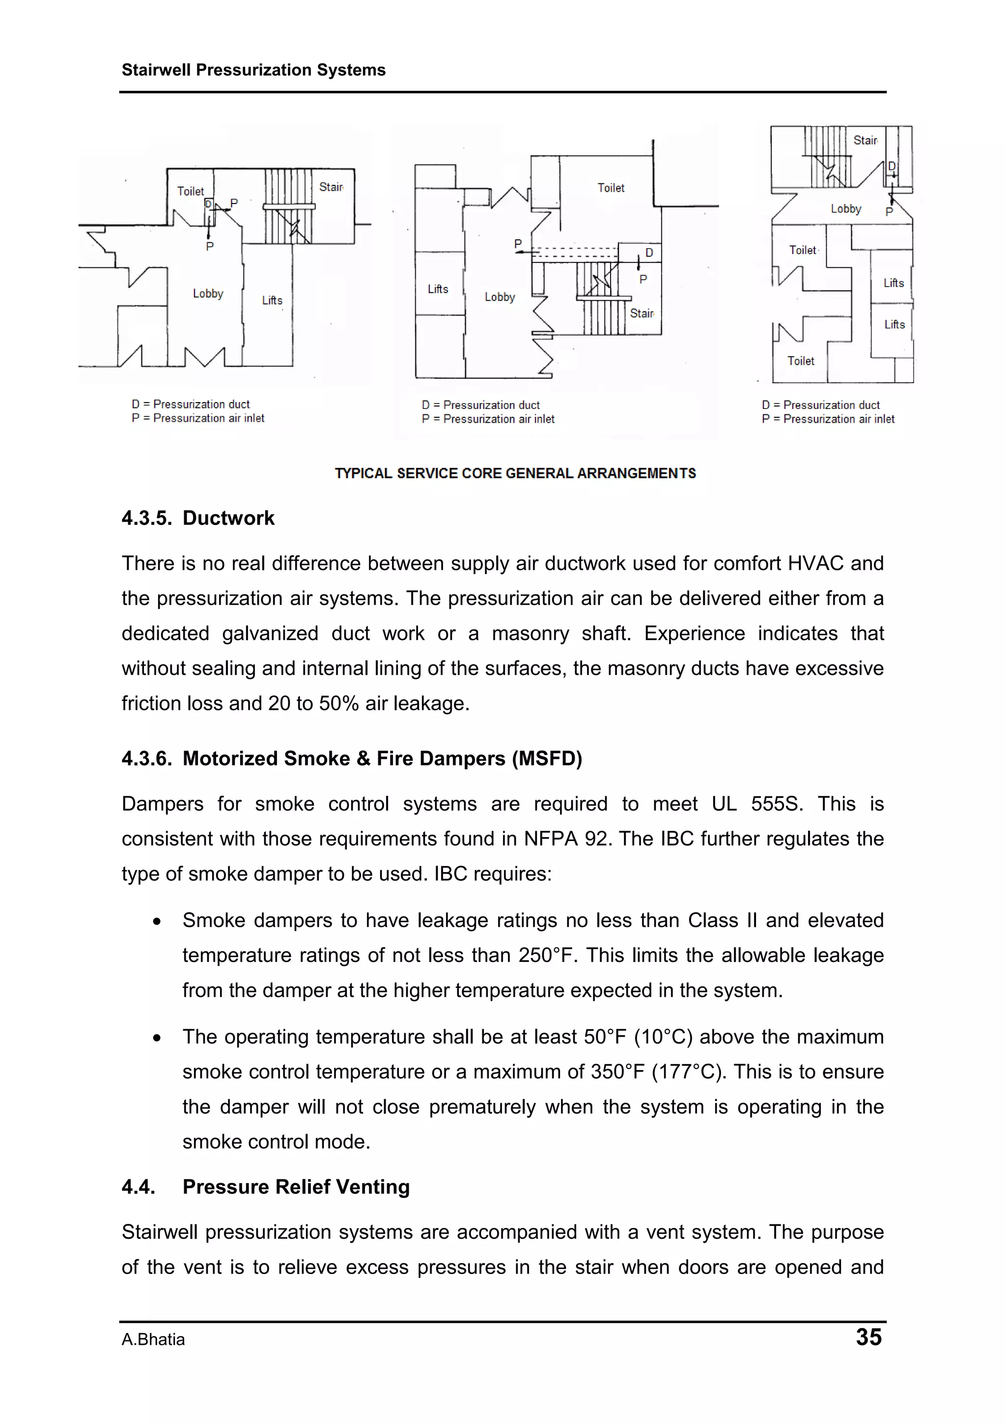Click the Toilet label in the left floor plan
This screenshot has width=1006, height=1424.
pos(190,192)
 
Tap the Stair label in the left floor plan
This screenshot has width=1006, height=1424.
pos(331,187)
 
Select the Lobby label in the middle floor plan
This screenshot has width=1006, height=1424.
pos(500,297)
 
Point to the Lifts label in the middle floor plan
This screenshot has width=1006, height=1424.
pos(438,289)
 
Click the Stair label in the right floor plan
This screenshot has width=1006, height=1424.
pos(866,141)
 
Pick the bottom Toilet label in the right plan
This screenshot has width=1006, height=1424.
pos(800,361)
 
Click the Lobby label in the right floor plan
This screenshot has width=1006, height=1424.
pos(845,209)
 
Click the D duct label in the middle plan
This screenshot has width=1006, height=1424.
pos(649,253)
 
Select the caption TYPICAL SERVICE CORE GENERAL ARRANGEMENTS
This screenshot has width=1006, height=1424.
pos(515,473)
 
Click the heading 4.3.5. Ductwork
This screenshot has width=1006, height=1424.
pos(198,518)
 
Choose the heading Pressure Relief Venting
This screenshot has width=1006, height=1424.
pos(296,1187)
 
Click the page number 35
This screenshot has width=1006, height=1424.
pos(868,1337)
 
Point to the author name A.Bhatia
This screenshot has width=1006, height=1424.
pos(153,1339)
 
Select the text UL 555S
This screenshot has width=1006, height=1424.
pos(756,804)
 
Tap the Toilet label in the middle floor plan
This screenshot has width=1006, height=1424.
pos(611,188)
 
